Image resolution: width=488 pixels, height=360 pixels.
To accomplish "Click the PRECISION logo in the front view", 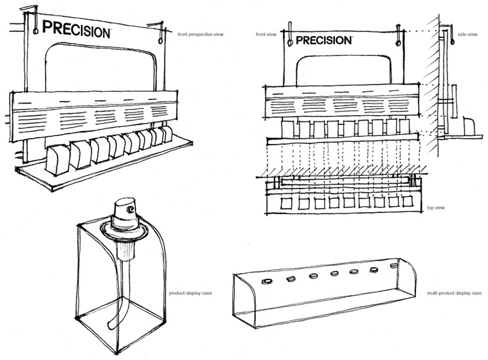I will tap(324, 40).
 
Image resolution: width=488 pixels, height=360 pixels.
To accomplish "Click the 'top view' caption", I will tap(436, 207).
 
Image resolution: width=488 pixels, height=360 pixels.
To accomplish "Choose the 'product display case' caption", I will tap(187, 293).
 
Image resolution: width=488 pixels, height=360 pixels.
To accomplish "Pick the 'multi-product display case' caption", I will tap(453, 293).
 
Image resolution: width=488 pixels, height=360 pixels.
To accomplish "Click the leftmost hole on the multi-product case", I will tap(268, 281).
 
